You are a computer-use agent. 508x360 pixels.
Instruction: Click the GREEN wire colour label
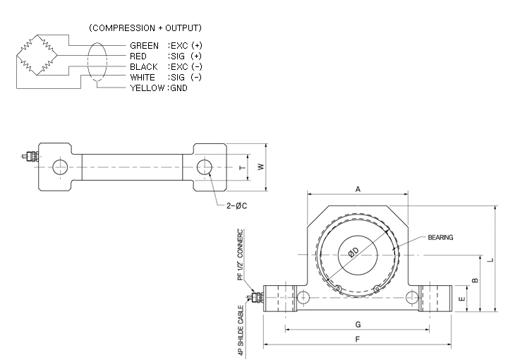point(144,46)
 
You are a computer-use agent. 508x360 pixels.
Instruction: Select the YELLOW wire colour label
point(147,88)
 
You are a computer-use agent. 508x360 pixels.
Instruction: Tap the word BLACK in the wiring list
point(144,67)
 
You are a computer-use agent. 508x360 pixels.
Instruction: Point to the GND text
point(179,88)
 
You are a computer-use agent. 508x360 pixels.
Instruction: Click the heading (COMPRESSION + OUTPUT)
point(145,28)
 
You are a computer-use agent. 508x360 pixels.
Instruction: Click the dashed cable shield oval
point(87,61)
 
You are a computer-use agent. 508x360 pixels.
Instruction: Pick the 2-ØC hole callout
point(236,205)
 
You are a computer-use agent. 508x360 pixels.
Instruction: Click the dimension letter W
point(261,167)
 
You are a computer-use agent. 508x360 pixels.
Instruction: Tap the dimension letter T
point(242,167)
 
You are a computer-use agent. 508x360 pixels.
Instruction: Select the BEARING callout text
point(440,237)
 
